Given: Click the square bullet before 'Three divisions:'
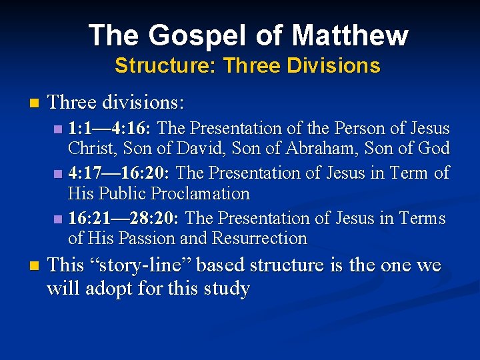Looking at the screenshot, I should point(35,103).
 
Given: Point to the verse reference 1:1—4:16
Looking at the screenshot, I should point(110,128).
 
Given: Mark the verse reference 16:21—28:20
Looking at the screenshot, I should point(125,219).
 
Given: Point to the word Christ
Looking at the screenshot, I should point(90,148).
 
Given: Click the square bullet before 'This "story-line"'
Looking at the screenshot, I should point(35,266).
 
